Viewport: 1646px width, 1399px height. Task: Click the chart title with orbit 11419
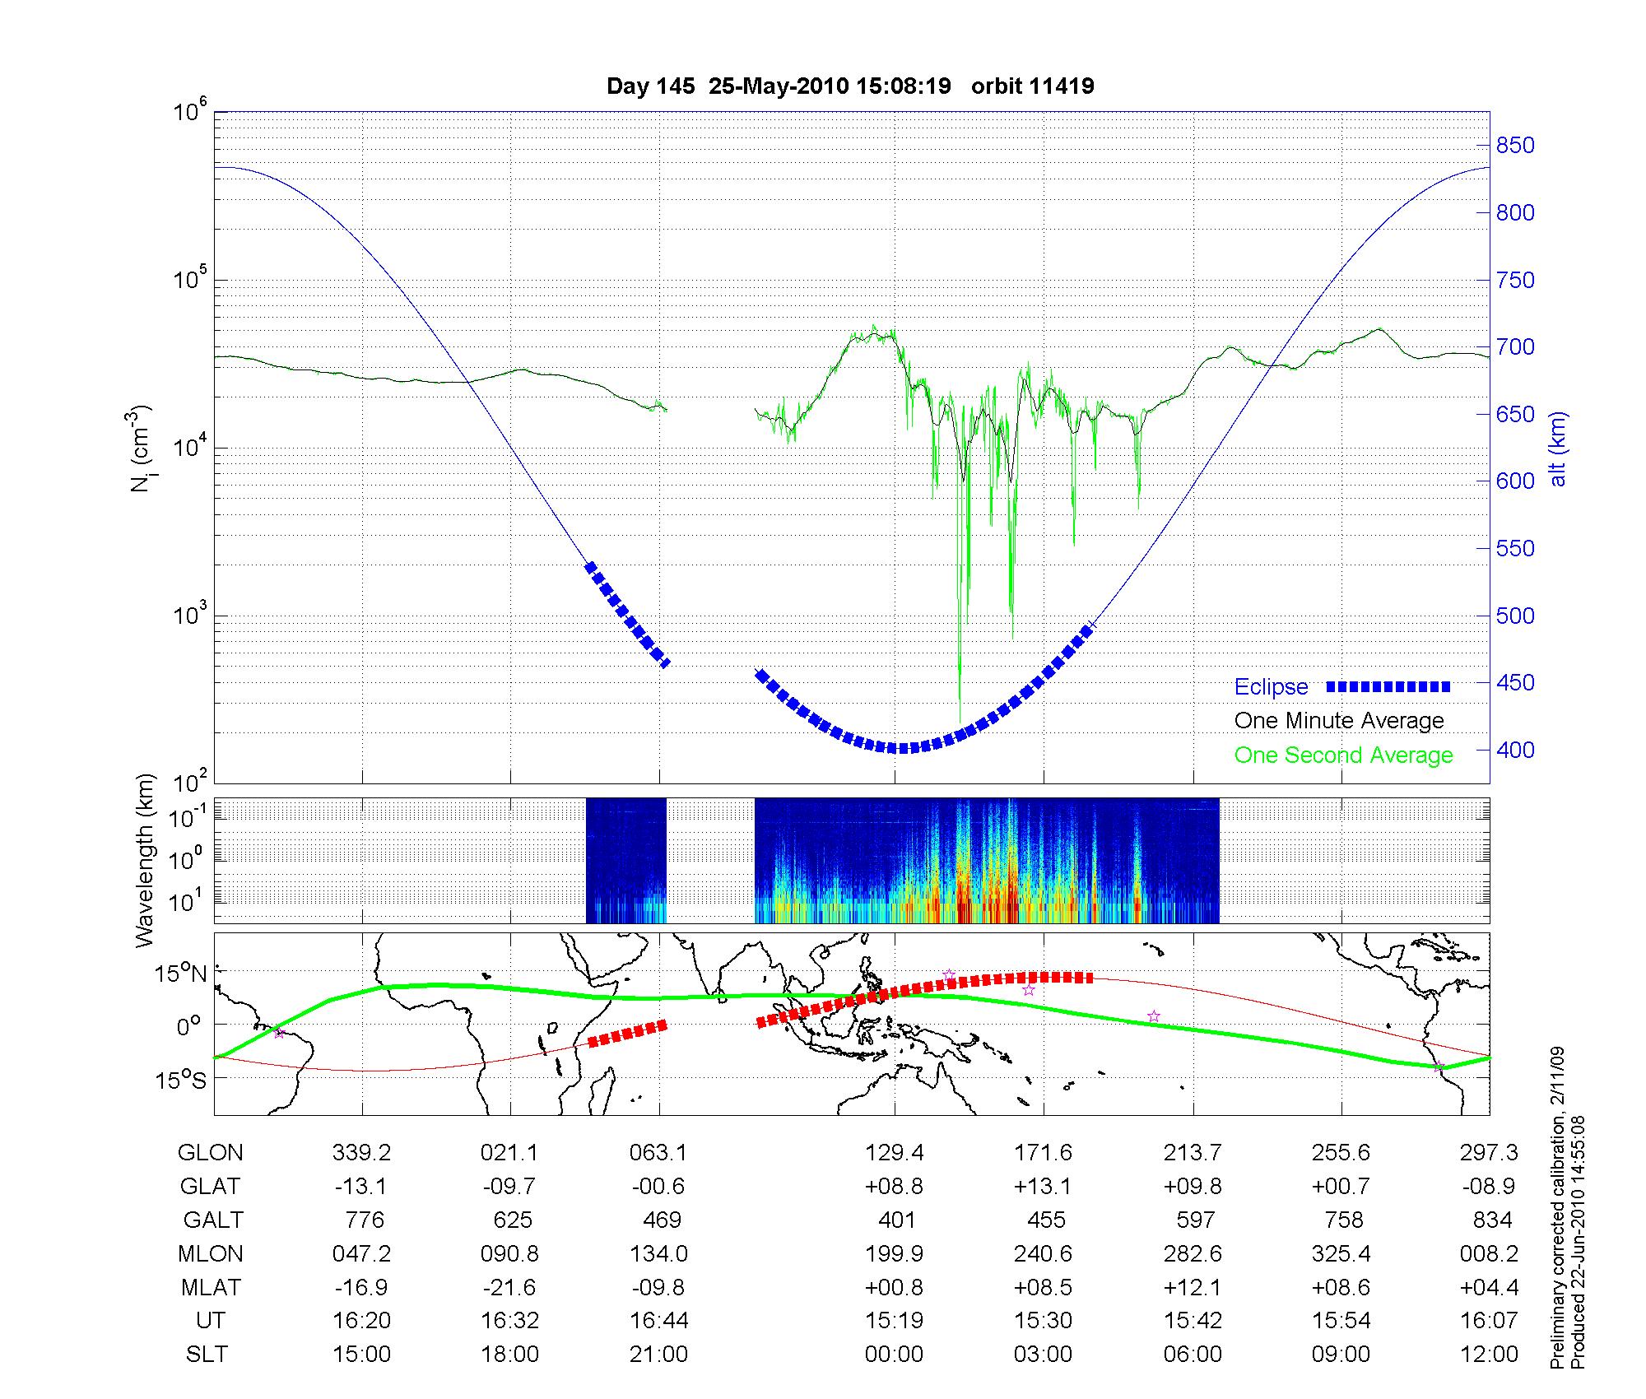click(x=850, y=86)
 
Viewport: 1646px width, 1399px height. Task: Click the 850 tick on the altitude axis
click(x=1515, y=146)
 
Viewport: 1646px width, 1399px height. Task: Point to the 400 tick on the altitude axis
click(x=1515, y=750)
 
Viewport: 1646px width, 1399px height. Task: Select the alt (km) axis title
click(x=1558, y=449)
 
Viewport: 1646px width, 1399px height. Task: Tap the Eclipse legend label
click(x=1271, y=687)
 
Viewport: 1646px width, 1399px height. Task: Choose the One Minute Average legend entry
click(x=1339, y=721)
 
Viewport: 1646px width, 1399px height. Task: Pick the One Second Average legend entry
click(x=1343, y=755)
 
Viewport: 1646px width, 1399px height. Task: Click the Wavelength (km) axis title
click(x=146, y=861)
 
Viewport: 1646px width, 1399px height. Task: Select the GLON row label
click(x=210, y=1153)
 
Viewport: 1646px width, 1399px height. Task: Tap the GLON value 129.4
click(x=895, y=1153)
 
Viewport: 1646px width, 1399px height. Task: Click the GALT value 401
click(x=896, y=1220)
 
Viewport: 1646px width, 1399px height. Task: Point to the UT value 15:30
click(x=1043, y=1321)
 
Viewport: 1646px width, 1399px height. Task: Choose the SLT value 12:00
click(x=1490, y=1355)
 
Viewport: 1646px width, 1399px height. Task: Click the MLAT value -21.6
click(x=510, y=1287)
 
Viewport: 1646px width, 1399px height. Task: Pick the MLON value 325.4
click(x=1341, y=1254)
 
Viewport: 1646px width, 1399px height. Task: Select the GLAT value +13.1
click(x=1043, y=1187)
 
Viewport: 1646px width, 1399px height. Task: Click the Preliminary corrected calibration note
click(x=1557, y=1209)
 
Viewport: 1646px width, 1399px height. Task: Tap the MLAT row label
click(x=211, y=1287)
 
